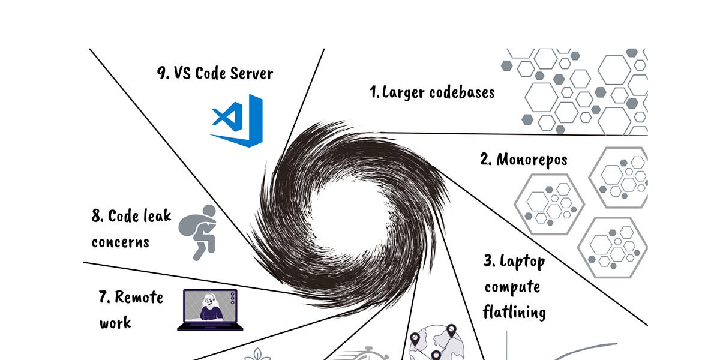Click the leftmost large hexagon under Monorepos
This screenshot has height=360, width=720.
[x=549, y=203]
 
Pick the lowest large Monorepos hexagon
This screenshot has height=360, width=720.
[x=613, y=247]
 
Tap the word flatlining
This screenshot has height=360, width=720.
[x=514, y=313]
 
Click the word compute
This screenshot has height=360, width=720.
[x=512, y=287]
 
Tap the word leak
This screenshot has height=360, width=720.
[x=157, y=217]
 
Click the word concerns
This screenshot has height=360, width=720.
[x=120, y=242]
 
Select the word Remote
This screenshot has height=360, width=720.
[x=139, y=297]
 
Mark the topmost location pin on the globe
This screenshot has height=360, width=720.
[x=451, y=331]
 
